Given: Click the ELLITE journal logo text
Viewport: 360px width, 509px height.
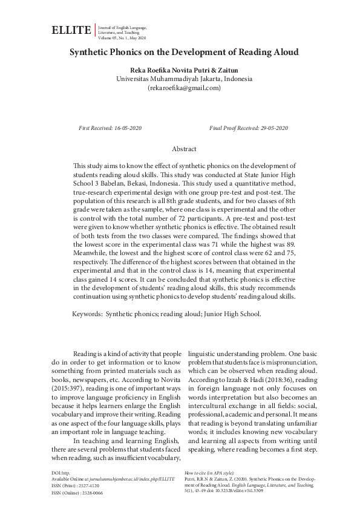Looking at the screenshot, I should pyautogui.click(x=71, y=30).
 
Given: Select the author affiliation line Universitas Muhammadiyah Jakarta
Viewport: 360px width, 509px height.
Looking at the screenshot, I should pyautogui.click(x=184, y=79).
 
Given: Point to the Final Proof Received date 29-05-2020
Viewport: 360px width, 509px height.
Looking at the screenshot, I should pyautogui.click(x=270, y=128).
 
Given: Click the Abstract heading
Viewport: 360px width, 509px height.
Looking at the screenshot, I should pyautogui.click(x=184, y=148).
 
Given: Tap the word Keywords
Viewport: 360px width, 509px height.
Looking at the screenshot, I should pyautogui.click(x=87, y=314).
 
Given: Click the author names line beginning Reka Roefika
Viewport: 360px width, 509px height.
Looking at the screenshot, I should pyautogui.click(x=184, y=69).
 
